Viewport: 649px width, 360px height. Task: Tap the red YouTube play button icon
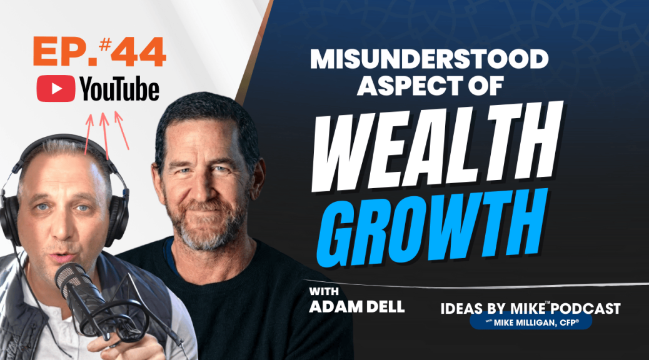pos(56,90)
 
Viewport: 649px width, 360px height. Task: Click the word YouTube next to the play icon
pos(119,90)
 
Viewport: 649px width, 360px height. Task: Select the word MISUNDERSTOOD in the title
pos(429,61)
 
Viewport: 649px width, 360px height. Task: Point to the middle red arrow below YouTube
pos(105,134)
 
